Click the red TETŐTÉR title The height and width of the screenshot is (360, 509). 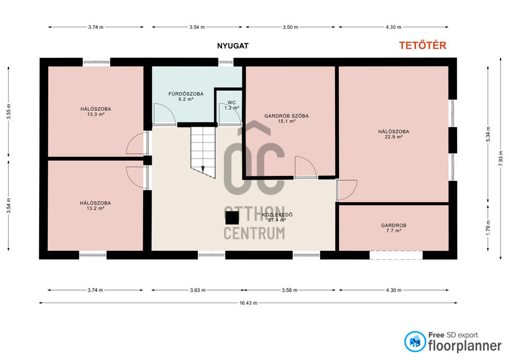coord(423,46)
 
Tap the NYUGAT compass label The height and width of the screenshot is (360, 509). coord(233,46)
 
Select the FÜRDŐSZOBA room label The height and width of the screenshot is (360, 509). coord(186,94)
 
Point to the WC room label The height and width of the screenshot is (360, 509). coord(232,102)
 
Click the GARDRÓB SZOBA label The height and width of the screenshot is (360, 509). coord(286,116)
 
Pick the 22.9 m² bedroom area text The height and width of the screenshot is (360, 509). coord(393,137)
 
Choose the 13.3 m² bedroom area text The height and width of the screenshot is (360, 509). coord(96,115)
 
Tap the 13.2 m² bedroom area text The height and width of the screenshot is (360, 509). coord(95,208)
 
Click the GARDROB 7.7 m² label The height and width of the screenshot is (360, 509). coord(393,228)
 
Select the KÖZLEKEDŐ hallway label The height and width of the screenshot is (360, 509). coord(277,215)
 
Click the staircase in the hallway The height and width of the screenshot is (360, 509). coord(203,152)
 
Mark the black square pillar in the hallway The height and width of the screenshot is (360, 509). coord(232,217)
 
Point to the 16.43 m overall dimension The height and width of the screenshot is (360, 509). coord(248,303)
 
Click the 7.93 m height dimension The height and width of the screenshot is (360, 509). coord(501,158)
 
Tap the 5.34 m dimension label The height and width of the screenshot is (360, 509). coord(488,134)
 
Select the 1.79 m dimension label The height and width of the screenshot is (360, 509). coord(488,227)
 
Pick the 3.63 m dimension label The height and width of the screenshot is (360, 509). coord(198,290)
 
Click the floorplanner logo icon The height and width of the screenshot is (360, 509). coord(415,341)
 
